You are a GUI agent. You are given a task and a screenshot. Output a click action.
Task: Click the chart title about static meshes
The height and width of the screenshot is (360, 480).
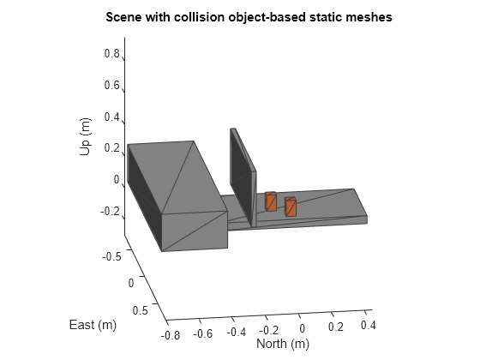coord(249,17)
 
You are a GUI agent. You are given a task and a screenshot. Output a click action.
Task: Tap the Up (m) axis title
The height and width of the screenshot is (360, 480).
coord(85,136)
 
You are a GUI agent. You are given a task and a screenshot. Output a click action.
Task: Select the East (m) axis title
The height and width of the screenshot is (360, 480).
coord(93,325)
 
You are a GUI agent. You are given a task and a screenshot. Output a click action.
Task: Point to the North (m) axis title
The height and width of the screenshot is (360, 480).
coord(283,344)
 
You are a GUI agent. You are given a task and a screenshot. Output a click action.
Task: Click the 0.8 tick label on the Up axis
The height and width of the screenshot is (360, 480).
coord(111,53)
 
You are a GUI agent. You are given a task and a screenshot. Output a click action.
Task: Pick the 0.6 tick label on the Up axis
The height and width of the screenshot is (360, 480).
coord(111,85)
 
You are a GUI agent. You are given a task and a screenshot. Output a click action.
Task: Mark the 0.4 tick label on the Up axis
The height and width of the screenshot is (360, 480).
coord(111,117)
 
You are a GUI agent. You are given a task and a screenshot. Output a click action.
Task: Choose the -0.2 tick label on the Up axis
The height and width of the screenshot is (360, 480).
coord(110,211)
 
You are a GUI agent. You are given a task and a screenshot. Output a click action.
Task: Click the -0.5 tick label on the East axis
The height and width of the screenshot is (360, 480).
coord(111,256)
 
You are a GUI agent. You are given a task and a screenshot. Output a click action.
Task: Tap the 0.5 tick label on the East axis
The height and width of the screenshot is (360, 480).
coord(141,310)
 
